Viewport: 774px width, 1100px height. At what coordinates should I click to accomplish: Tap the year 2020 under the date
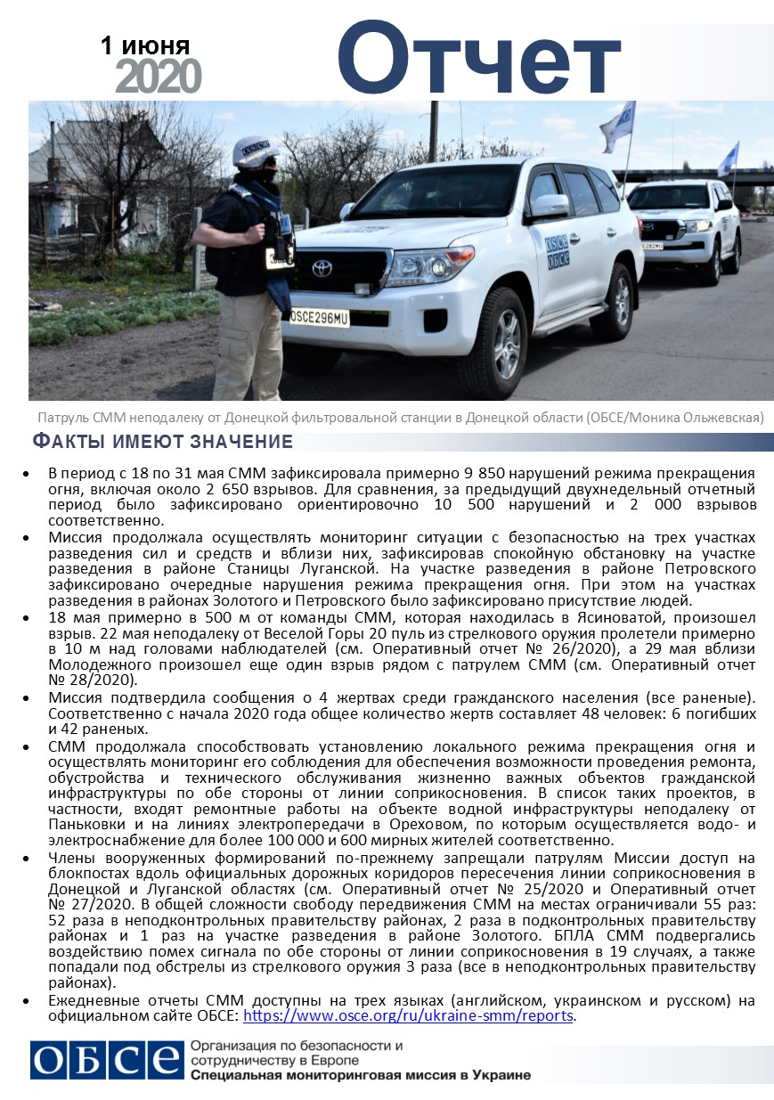coord(158,77)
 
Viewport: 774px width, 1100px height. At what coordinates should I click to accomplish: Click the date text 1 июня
coord(145,46)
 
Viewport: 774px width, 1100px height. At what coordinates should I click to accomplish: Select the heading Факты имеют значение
coord(162,442)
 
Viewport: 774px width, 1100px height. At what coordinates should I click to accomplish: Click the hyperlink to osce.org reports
coord(409,1015)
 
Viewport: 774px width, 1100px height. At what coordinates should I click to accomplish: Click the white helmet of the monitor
coord(256,151)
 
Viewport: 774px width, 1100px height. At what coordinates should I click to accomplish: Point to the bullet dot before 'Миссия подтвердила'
coord(32,697)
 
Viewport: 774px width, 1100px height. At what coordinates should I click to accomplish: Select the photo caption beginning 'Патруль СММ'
coord(400,418)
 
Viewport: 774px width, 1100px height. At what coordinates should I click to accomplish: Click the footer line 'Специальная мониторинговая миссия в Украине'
coord(361,1074)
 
